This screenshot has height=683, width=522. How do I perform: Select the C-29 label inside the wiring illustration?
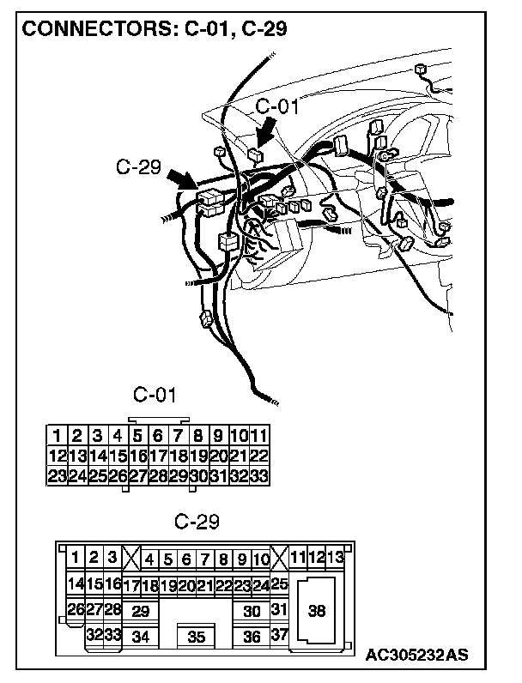click(138, 166)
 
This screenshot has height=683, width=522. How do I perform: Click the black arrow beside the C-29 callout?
click(181, 180)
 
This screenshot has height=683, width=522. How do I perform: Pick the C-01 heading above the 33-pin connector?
click(155, 395)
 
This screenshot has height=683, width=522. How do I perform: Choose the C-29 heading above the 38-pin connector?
click(197, 521)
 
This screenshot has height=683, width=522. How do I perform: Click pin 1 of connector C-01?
click(56, 435)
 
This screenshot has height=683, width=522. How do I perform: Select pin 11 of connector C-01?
click(259, 435)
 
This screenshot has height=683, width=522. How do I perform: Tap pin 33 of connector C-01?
click(259, 474)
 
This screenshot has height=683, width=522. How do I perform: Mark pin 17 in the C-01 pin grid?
click(158, 455)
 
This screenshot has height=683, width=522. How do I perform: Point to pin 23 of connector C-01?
click(56, 474)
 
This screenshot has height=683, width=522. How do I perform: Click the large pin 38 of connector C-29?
click(317, 611)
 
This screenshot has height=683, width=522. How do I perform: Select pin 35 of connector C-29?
click(197, 637)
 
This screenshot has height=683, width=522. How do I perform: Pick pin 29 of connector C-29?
click(140, 611)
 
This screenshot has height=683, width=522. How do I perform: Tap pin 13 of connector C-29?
click(336, 559)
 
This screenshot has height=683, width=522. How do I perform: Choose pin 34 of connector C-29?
click(140, 637)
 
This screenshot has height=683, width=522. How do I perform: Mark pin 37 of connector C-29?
click(278, 636)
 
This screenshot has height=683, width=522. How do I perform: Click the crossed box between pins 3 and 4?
click(130, 559)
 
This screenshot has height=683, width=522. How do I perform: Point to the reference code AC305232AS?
click(416, 656)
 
